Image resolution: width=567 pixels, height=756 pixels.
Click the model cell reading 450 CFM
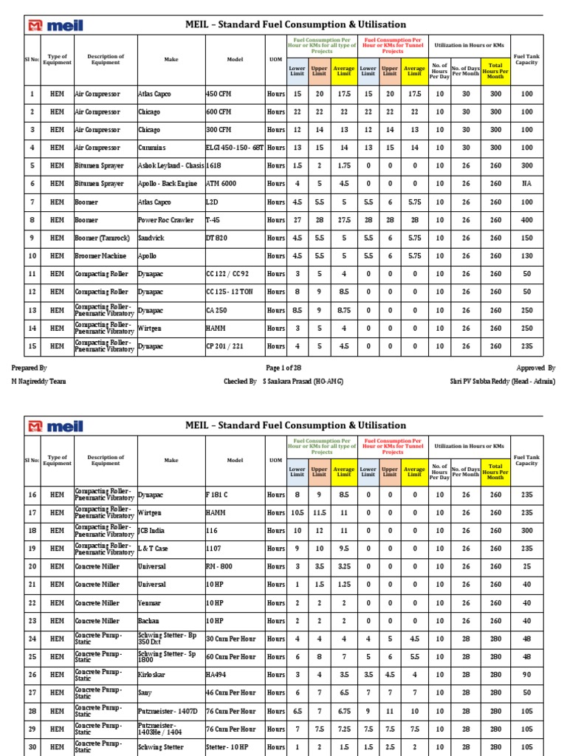219,94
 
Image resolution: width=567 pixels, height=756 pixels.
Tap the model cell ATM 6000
221,184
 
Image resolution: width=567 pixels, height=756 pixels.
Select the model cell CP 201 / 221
224,346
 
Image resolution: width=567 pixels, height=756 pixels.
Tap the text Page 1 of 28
283,368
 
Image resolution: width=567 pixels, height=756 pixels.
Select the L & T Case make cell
157,549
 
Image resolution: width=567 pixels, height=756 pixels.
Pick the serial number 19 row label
32,549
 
